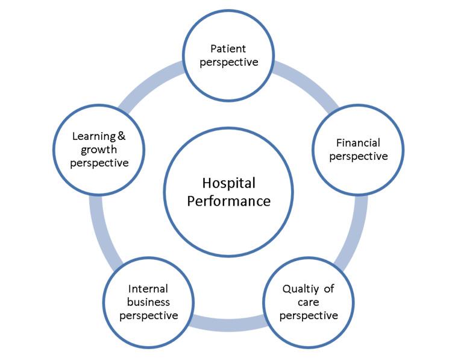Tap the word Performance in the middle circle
point(228,201)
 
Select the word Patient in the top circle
point(228,48)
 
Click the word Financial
point(358,144)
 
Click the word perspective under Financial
point(358,157)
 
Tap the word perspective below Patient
point(228,62)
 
